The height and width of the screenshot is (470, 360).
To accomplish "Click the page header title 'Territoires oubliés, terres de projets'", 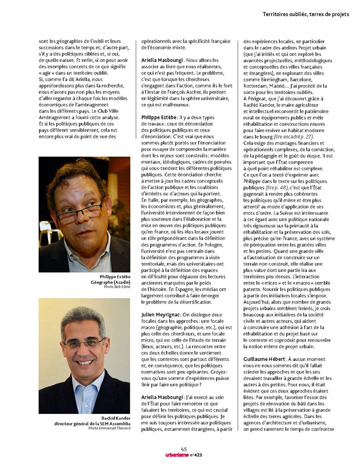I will (305, 14).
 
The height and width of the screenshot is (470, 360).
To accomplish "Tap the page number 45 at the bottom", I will (184, 449).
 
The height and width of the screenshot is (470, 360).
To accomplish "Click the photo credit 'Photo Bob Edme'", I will (116, 286).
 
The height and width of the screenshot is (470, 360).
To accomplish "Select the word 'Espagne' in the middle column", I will (164, 289).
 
